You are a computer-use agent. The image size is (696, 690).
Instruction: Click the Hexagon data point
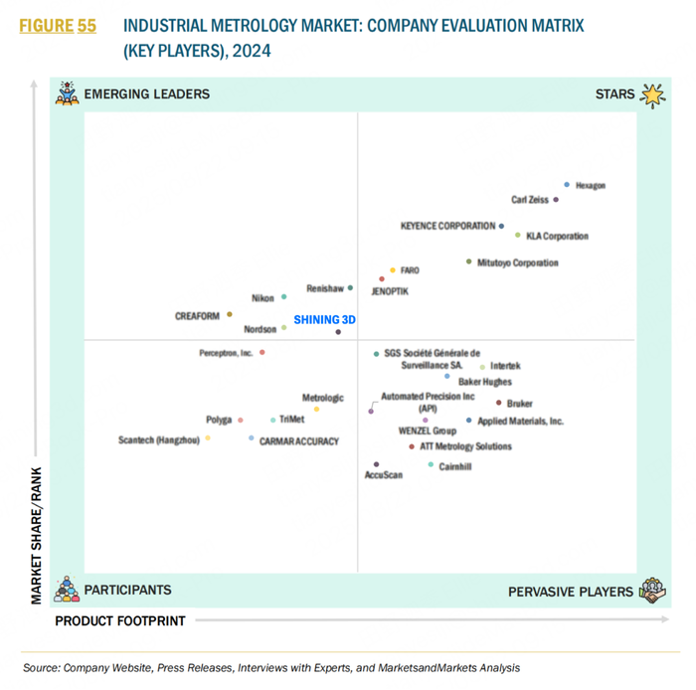tap(567, 184)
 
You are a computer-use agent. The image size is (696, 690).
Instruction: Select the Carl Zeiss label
tap(529, 200)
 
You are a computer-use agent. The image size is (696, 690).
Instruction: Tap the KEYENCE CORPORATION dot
tap(501, 227)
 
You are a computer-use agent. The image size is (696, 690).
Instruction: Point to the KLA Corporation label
tap(557, 237)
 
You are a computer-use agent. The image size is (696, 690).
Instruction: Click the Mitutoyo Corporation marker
tap(468, 261)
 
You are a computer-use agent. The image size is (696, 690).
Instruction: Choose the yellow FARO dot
tap(393, 269)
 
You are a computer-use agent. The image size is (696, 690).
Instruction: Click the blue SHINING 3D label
tap(324, 320)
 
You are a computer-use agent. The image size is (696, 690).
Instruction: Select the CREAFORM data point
tap(230, 314)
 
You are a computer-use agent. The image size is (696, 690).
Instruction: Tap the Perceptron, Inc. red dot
tap(262, 352)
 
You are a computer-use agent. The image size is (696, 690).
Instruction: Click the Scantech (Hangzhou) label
tap(159, 439)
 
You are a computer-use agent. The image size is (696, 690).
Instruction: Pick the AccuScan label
tap(384, 476)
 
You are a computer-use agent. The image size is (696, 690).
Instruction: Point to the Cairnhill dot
tap(431, 464)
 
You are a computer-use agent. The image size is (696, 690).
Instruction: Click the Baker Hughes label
tap(485, 382)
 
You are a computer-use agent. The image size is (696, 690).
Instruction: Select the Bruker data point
tap(498, 403)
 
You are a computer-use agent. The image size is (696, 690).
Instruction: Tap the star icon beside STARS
tap(651, 94)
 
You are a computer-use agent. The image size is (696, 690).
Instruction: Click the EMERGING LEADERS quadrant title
tap(147, 94)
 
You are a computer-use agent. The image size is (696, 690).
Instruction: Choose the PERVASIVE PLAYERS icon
tap(652, 590)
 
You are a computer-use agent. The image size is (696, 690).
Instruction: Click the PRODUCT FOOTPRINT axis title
tap(119, 621)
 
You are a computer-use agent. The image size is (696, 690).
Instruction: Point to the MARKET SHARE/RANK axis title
tap(37, 534)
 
